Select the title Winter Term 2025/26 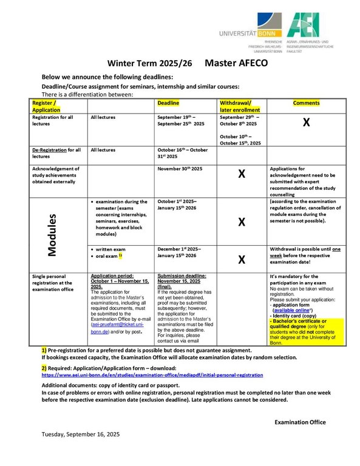tap(148, 64)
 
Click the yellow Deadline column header tap(168, 103)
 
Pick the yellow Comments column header tap(306, 103)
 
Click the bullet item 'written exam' tap(111, 249)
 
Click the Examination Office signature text tap(300, 422)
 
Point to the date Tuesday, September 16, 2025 tap(81, 435)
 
